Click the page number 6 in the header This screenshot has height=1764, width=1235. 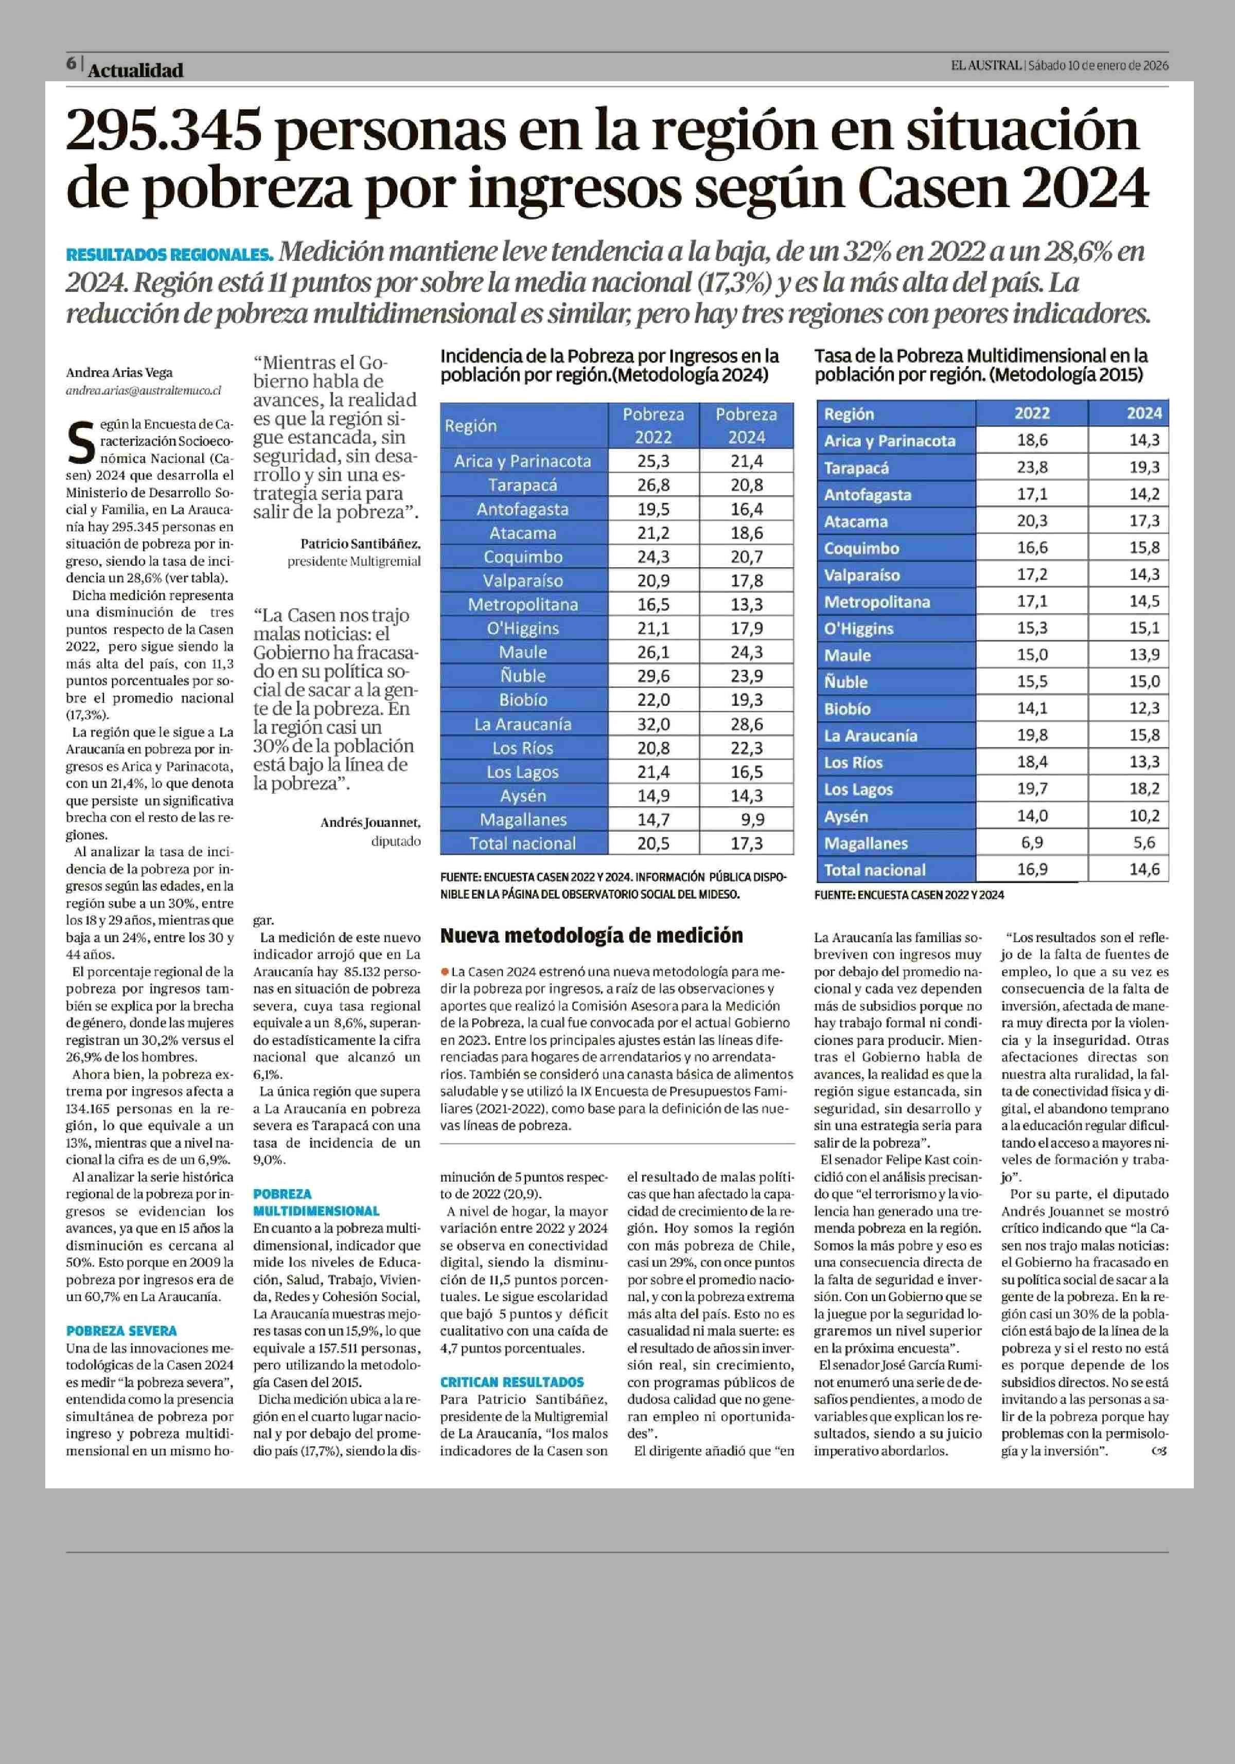[x=70, y=64]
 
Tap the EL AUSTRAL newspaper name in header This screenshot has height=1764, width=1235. [x=986, y=66]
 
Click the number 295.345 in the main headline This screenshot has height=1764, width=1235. [x=164, y=131]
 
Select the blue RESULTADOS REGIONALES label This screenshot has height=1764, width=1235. [x=169, y=254]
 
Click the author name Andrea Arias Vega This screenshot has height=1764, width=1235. [x=119, y=373]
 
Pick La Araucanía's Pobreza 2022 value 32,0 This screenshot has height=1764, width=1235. [x=653, y=724]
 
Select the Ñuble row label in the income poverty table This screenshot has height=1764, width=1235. [x=523, y=676]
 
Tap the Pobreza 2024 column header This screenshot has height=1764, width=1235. [x=746, y=426]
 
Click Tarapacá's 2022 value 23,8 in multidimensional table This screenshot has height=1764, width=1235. [x=1031, y=467]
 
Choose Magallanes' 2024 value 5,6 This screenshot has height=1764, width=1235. [x=1143, y=843]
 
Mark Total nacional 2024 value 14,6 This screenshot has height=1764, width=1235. [x=1143, y=870]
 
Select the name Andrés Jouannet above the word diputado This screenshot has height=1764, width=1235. [x=369, y=823]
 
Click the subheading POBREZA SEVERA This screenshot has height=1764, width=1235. [x=121, y=1330]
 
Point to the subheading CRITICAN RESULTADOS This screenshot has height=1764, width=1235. [x=512, y=1381]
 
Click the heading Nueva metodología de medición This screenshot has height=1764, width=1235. [x=591, y=936]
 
